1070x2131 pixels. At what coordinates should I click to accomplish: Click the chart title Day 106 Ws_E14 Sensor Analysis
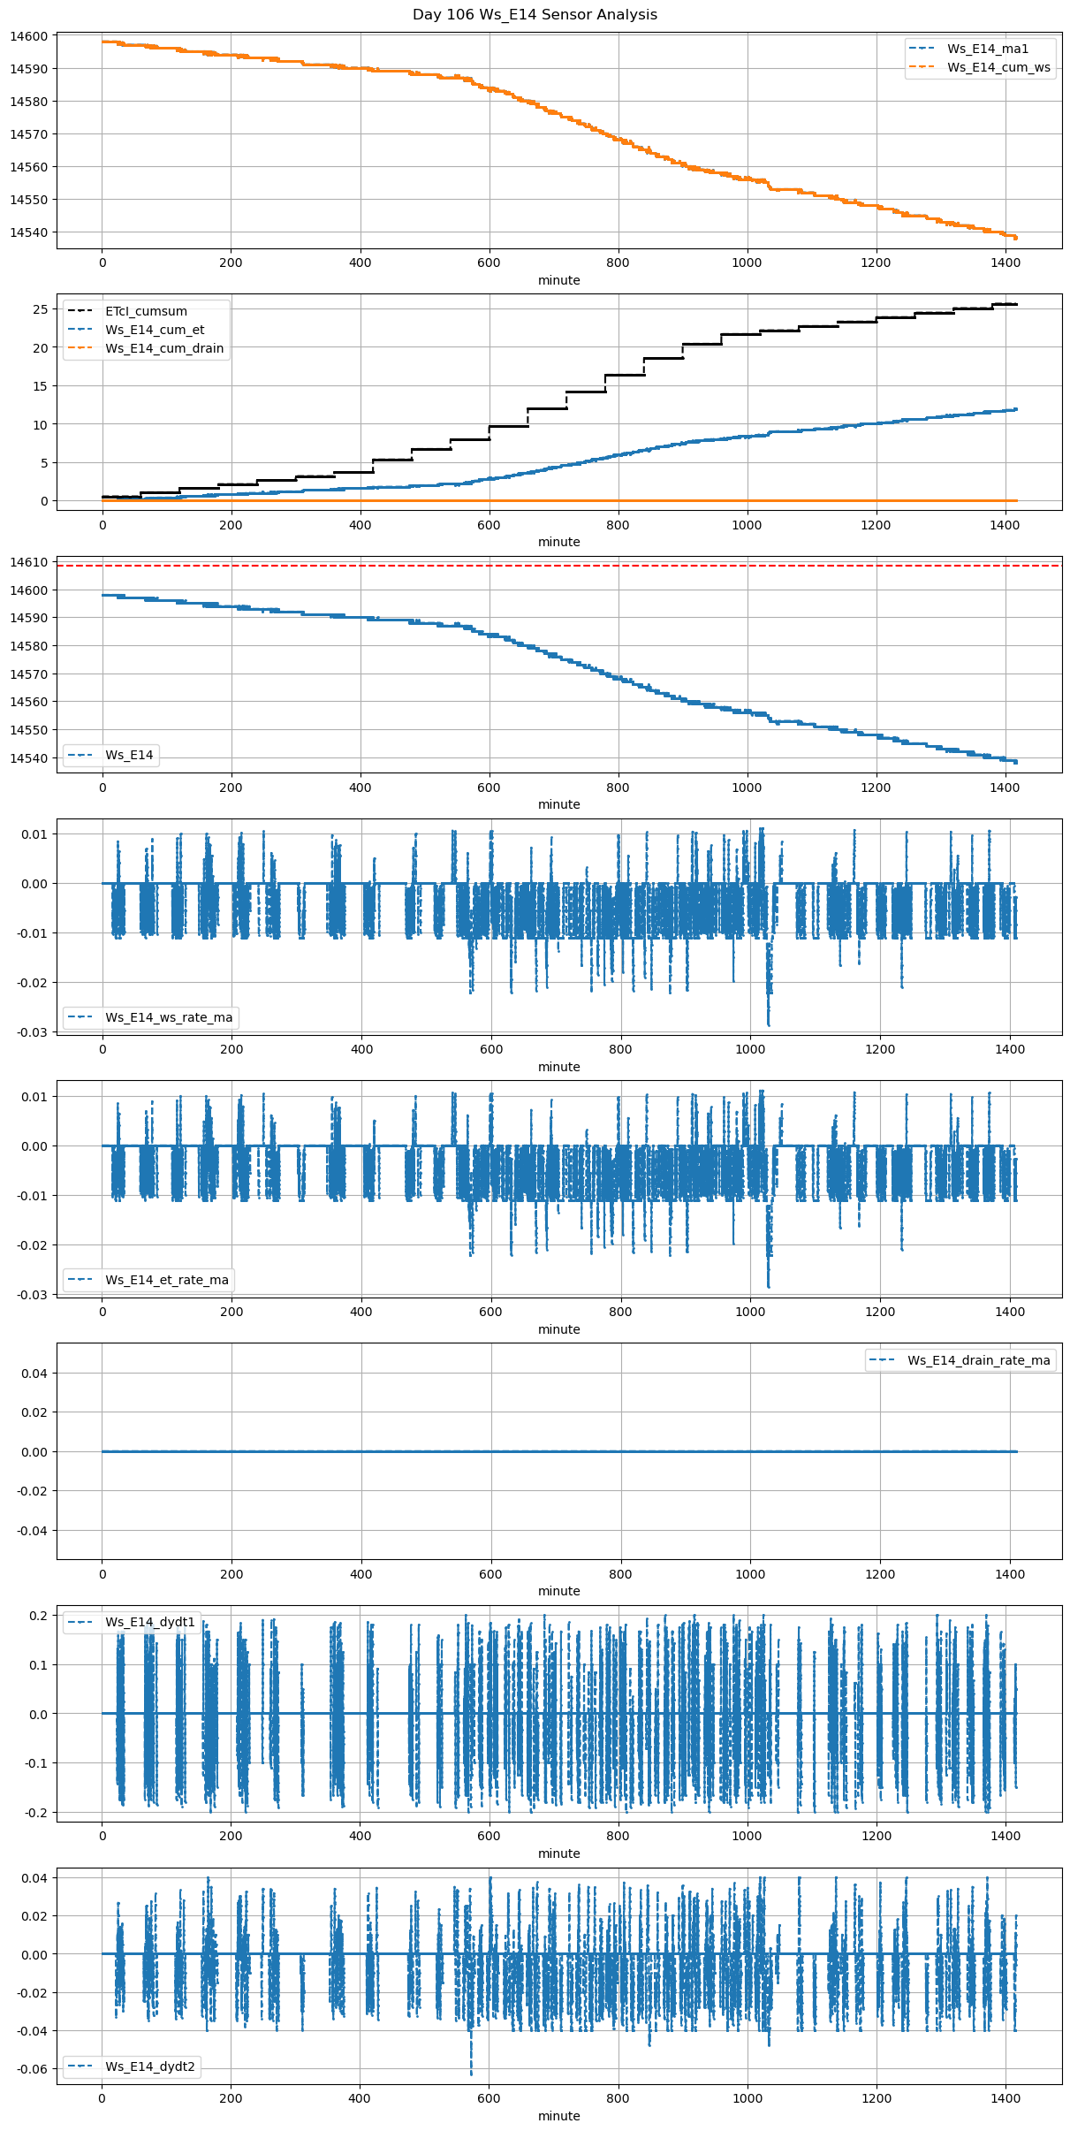535,15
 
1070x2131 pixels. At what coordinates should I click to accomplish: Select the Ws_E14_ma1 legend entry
988,49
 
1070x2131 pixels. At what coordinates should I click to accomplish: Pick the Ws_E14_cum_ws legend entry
998,67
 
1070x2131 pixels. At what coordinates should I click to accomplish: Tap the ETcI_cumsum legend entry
146,311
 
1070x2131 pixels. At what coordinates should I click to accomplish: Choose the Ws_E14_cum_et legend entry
155,330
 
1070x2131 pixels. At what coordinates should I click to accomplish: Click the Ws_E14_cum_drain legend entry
164,348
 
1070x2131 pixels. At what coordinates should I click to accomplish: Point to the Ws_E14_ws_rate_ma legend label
169,1017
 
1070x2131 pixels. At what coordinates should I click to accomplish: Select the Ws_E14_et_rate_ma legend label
167,1280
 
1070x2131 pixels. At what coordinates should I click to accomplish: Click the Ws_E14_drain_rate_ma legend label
979,1360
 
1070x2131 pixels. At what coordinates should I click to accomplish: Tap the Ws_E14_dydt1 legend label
150,1622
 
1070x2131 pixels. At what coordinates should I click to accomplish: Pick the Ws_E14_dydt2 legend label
150,2066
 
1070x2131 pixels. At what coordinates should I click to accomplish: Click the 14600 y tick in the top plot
28,36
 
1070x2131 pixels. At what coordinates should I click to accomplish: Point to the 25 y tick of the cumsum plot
40,309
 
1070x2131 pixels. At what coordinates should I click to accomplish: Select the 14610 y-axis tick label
28,562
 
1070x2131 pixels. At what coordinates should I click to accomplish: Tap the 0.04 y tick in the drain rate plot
36,1374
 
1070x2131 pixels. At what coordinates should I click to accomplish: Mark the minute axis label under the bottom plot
559,2116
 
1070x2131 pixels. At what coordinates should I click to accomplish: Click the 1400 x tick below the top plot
1005,263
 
